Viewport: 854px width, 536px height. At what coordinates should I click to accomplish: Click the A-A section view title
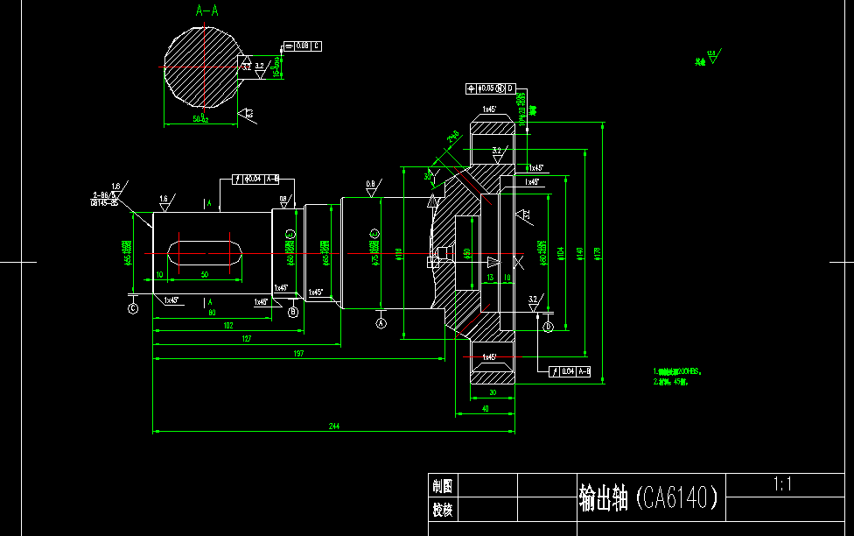[207, 11]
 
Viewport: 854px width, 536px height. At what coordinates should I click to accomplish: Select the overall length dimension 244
[334, 426]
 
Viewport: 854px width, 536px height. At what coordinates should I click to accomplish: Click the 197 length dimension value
[299, 353]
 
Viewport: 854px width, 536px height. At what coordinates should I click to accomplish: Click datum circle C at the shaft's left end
[133, 307]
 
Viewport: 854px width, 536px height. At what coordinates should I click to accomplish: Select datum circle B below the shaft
[293, 311]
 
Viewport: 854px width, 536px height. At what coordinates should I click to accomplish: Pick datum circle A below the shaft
[381, 322]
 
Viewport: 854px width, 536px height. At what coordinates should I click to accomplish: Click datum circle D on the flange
[548, 327]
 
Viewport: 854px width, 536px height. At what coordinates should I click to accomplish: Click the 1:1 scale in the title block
[782, 484]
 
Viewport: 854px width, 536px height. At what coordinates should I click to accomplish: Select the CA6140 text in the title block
[679, 498]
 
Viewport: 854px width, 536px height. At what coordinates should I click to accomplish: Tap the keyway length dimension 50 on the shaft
[205, 275]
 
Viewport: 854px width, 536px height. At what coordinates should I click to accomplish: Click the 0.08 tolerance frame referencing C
[303, 46]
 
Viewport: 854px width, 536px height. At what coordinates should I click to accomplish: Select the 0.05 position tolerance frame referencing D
[492, 88]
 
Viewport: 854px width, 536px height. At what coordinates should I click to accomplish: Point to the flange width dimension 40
[485, 408]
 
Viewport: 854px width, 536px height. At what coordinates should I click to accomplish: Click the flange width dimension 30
[492, 394]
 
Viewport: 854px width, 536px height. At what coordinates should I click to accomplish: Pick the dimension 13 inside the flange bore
[489, 277]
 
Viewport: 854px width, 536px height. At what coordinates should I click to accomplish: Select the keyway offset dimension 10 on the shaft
[159, 275]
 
